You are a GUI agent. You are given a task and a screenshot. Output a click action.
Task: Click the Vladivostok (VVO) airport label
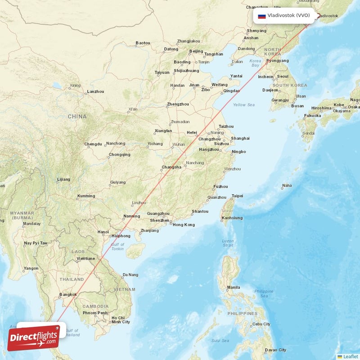pyautogui.click(x=288, y=15)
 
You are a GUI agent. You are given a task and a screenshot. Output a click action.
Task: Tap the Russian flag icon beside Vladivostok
pyautogui.click(x=261, y=16)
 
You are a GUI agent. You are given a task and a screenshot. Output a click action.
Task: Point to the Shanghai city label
pyautogui.click(x=240, y=138)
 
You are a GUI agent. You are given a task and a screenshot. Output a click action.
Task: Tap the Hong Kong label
pyautogui.click(x=184, y=225)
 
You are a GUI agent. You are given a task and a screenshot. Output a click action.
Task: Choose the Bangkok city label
pyautogui.click(x=68, y=295)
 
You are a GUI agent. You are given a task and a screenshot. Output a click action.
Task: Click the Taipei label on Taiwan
pyautogui.click(x=237, y=196)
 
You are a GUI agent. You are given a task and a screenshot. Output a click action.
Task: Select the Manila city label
pyautogui.click(x=233, y=287)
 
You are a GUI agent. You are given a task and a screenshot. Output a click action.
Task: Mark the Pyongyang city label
pyautogui.click(x=277, y=60)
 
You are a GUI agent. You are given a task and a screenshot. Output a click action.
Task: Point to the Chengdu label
pyautogui.click(x=93, y=144)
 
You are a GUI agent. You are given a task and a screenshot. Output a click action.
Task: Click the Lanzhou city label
pyautogui.click(x=95, y=91)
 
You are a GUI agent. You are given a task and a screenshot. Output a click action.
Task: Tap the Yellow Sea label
pyautogui.click(x=243, y=105)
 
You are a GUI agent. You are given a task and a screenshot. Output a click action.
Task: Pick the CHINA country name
pyautogui.click(x=77, y=117)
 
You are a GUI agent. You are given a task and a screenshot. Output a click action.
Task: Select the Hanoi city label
pyautogui.click(x=103, y=232)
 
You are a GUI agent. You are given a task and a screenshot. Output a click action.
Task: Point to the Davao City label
pyautogui.click(x=275, y=350)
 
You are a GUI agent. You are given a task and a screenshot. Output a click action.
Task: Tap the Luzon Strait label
pyautogui.click(x=228, y=243)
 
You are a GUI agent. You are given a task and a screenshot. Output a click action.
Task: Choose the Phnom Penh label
pyautogui.click(x=95, y=313)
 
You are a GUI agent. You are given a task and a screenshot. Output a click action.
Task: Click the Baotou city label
pyautogui.click(x=143, y=43)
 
